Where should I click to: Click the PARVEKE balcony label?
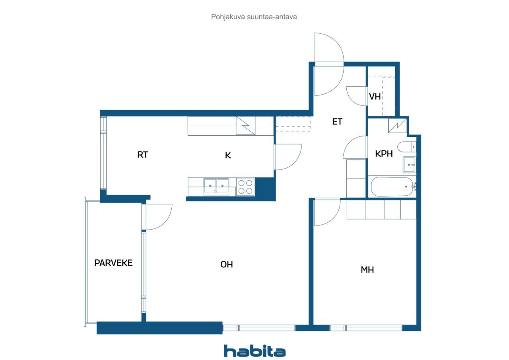[x=113, y=263]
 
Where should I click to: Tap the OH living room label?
[x=227, y=264]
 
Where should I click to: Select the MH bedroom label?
[x=367, y=270]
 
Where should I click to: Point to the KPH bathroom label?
[x=384, y=154]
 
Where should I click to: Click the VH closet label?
[x=375, y=97]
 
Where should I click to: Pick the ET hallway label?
[x=337, y=122]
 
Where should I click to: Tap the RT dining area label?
[x=142, y=155]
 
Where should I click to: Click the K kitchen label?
[x=228, y=156]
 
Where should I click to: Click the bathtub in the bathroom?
[x=392, y=187]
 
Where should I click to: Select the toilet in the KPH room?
[x=407, y=147]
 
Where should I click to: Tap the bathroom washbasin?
[x=409, y=165]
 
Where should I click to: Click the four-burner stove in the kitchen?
[x=245, y=187]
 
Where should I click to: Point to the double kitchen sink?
[x=216, y=186]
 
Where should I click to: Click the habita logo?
[x=254, y=351]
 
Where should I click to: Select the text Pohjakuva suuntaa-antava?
[x=254, y=17]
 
